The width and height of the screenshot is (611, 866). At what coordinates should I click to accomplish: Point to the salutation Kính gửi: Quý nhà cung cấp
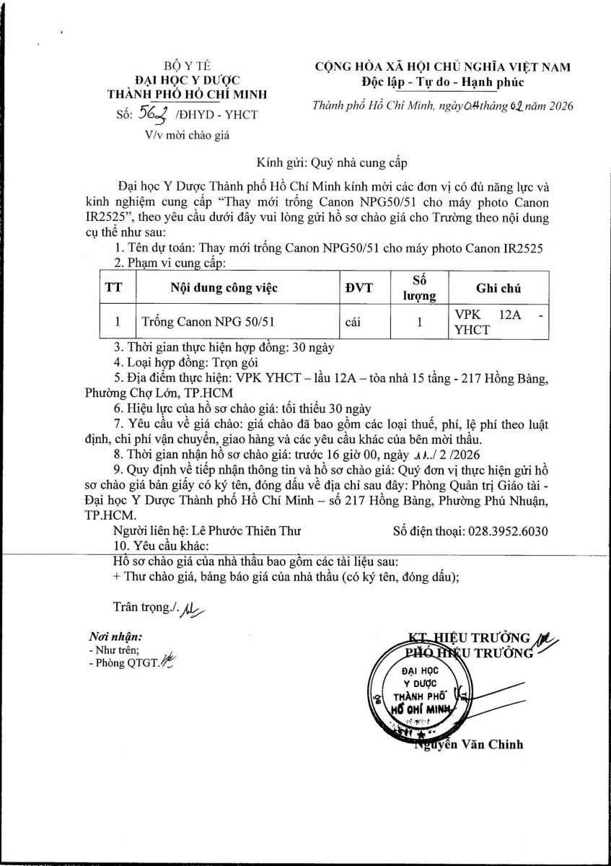337,163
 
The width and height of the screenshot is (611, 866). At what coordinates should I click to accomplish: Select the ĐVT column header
359,288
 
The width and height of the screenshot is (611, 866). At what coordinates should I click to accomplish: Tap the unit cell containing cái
353,323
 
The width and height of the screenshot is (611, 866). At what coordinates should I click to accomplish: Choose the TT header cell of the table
113,288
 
